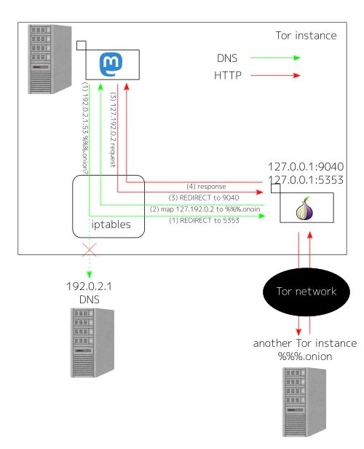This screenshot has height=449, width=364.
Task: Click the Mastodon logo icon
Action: [x=111, y=65]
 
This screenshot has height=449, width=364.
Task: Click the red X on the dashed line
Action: [x=90, y=250]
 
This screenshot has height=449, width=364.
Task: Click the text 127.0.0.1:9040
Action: [x=306, y=165]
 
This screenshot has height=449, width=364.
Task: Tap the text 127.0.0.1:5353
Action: [x=306, y=179]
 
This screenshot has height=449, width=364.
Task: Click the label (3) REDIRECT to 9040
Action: [x=205, y=198]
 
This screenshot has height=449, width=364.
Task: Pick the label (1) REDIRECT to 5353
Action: [x=205, y=220]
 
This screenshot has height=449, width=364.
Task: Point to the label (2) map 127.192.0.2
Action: [x=205, y=209]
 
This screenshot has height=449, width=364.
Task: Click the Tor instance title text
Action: [x=306, y=35]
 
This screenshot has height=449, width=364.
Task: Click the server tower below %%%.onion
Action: [x=304, y=401]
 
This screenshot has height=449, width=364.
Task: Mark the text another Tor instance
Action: [x=304, y=343]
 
